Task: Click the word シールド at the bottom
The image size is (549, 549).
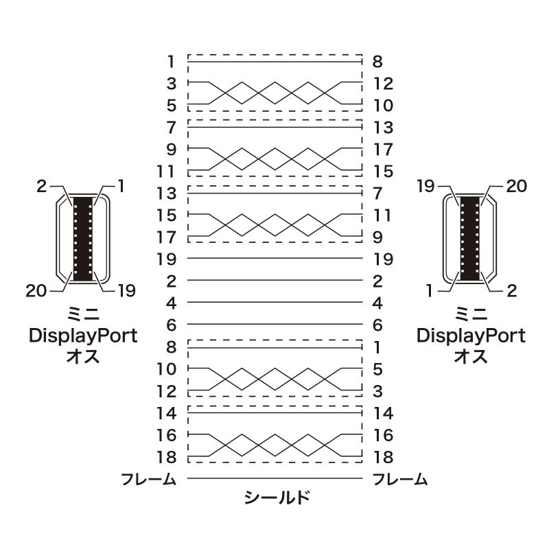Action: [277, 498]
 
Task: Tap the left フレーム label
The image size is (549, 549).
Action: [148, 479]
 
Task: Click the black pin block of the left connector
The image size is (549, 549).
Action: [82, 237]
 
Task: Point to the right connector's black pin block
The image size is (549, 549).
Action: [470, 237]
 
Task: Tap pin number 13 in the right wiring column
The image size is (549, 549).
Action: [383, 128]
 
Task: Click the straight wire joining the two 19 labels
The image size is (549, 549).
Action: [274, 259]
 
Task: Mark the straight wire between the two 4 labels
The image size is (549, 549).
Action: [274, 303]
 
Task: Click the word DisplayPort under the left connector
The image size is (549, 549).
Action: [82, 336]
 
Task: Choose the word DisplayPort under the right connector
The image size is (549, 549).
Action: [471, 336]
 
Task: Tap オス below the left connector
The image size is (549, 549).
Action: [82, 357]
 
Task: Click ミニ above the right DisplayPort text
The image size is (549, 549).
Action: [471, 315]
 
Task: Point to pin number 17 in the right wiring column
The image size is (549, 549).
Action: [383, 150]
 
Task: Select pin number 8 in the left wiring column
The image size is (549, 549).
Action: [171, 347]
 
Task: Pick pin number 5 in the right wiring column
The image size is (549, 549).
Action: [377, 369]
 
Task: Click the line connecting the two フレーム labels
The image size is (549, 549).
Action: [274, 478]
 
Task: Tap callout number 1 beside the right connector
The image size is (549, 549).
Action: [430, 291]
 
